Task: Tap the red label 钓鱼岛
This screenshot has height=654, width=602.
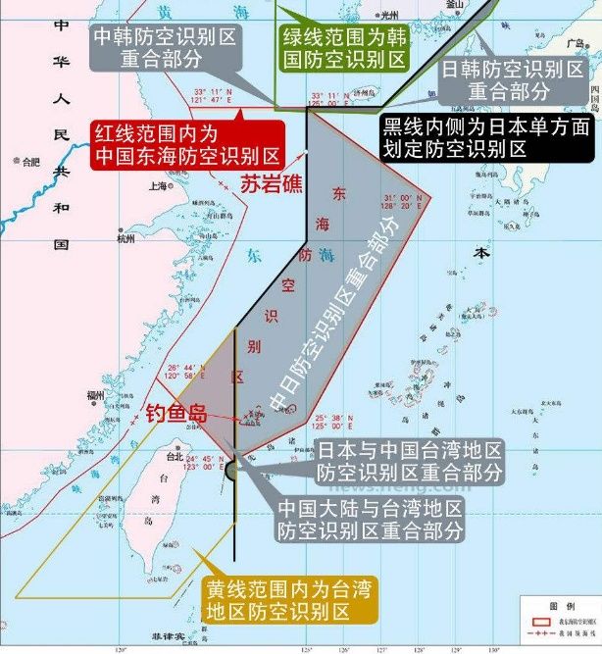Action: (x=176, y=413)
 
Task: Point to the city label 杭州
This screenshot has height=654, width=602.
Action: (x=125, y=238)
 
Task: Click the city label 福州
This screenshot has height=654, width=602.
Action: (x=95, y=394)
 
